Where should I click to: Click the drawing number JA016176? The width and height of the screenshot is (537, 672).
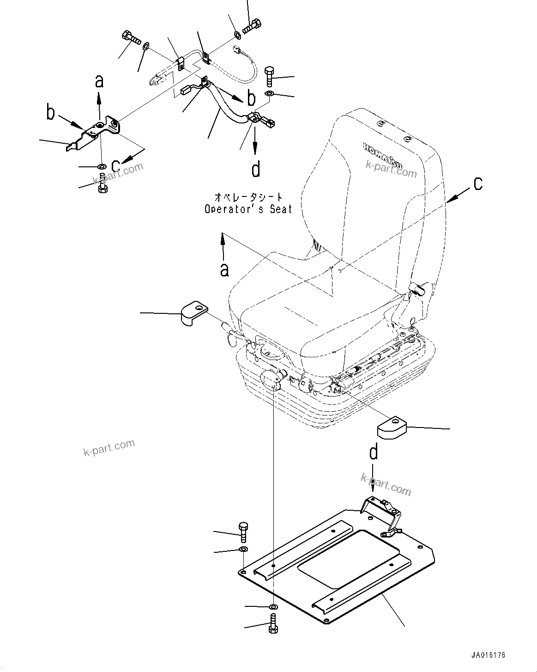pyautogui.click(x=489, y=655)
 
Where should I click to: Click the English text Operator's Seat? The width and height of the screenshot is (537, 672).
pyautogui.click(x=248, y=209)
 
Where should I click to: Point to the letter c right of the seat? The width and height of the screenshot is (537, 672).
pyautogui.click(x=478, y=183)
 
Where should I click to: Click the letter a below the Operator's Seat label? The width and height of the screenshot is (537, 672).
pyautogui.click(x=224, y=269)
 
